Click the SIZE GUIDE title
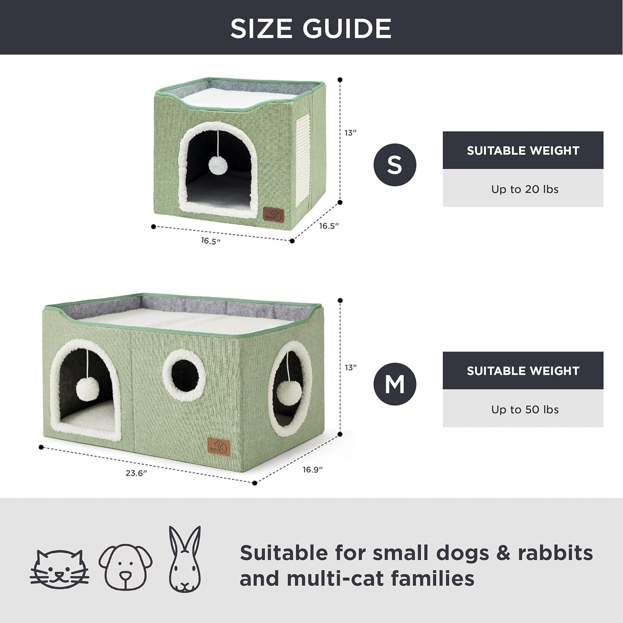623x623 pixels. coord(310,29)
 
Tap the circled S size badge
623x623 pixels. coord(395,165)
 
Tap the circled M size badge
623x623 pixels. coord(395,384)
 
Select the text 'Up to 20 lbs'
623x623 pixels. coord(525,189)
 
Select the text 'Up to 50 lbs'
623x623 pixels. coord(525,409)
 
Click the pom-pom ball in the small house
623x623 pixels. coord(218,165)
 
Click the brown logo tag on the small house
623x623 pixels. coord(273,214)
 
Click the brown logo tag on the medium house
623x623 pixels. coord(219,446)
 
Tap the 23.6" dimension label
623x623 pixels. coord(136,473)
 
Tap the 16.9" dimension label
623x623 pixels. coord(313,469)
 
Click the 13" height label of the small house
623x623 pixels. coord(350,133)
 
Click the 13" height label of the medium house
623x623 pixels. coord(350,368)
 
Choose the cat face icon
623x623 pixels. coord(60,568)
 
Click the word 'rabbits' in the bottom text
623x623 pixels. coord(556,553)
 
